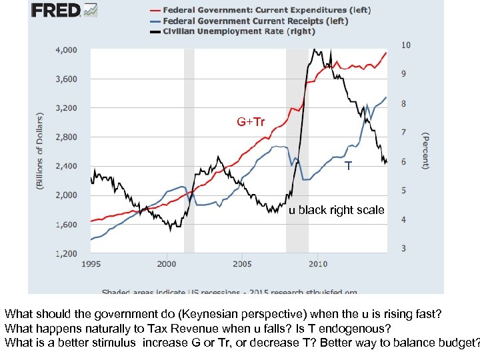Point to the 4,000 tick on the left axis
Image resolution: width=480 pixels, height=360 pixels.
click(65, 50)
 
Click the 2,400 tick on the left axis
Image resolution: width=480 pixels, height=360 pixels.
click(65, 166)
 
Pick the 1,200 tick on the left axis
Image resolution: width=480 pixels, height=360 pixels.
click(65, 253)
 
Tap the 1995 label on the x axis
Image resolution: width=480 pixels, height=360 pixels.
click(91, 264)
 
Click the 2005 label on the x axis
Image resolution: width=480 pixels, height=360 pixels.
click(242, 264)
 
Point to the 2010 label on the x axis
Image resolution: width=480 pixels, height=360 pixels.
click(317, 264)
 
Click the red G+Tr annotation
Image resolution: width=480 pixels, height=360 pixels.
click(251, 122)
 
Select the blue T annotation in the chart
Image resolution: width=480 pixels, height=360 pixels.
click(348, 165)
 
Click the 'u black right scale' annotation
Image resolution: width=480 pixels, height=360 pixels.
click(336, 210)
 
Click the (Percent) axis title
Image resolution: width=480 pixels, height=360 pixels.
click(424, 150)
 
